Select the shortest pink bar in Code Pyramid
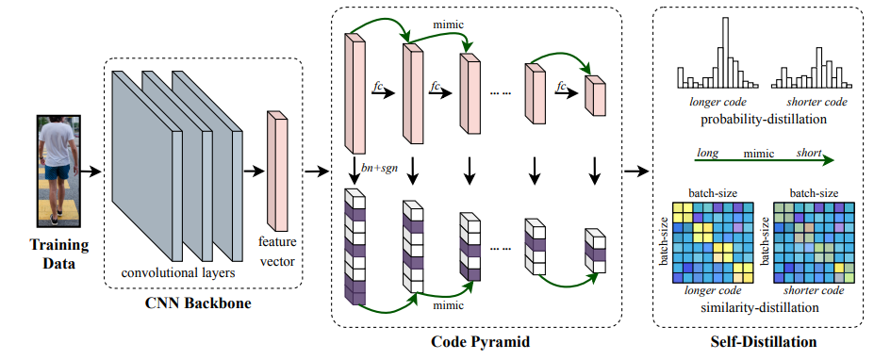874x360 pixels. point(595,94)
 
